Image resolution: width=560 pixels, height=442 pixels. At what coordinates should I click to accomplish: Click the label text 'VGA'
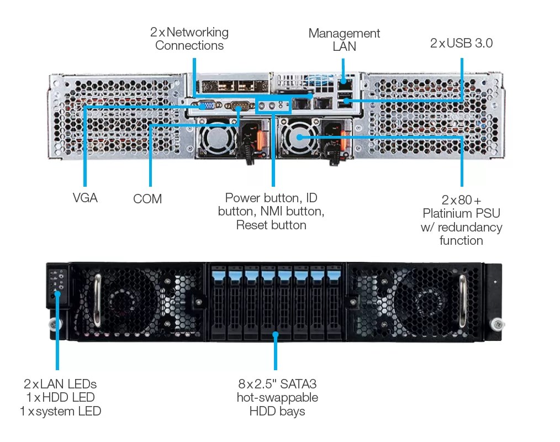click(85, 197)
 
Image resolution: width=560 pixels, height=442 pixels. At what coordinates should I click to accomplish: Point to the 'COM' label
click(147, 199)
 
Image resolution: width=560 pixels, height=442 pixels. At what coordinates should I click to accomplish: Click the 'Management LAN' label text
click(344, 40)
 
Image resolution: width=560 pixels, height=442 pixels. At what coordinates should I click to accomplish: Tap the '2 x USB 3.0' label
click(461, 43)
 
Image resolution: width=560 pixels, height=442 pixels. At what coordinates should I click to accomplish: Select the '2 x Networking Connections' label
click(189, 39)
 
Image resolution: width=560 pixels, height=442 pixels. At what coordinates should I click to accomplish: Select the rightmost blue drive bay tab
click(334, 273)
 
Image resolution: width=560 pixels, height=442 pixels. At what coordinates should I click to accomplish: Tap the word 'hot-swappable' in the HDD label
click(277, 397)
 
